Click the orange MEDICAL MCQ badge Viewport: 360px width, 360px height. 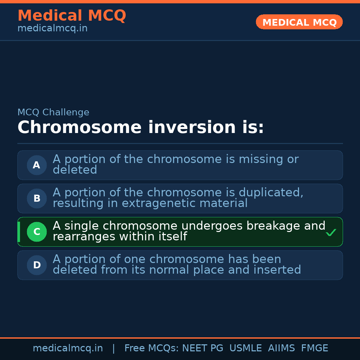pyautogui.click(x=299, y=22)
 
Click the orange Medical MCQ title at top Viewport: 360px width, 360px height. pyautogui.click(x=72, y=15)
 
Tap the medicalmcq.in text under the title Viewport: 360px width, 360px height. pyautogui.click(x=53, y=28)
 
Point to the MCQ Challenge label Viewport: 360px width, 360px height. pyautogui.click(x=53, y=112)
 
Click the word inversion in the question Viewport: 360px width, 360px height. pyautogui.click(x=192, y=127)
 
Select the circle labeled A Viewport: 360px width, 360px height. pyautogui.click(x=37, y=165)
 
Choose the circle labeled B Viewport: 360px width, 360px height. pyautogui.click(x=37, y=198)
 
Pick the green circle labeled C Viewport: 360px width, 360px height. pyautogui.click(x=37, y=232)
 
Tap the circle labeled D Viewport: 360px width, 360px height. pyautogui.click(x=37, y=265)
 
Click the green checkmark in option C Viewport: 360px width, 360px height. pyautogui.click(x=331, y=232)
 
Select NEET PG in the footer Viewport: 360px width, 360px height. pyautogui.click(x=203, y=348)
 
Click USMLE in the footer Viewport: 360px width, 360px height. pyautogui.click(x=245, y=348)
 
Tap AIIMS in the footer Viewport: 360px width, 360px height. pyautogui.click(x=281, y=348)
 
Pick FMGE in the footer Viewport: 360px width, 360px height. pyautogui.click(x=315, y=348)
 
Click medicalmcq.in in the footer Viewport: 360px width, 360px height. pyautogui.click(x=68, y=348)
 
